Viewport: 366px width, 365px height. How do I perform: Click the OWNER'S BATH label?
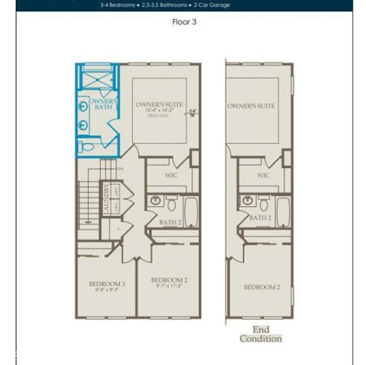[x=103, y=105]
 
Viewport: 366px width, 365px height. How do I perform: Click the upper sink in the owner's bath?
[x=82, y=106]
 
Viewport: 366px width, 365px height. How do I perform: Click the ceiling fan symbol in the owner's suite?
[x=194, y=114]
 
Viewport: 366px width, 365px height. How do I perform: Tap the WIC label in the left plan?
[x=172, y=175]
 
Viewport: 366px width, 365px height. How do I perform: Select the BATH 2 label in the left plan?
[x=169, y=221]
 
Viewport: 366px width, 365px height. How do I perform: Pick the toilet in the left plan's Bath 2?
[x=172, y=204]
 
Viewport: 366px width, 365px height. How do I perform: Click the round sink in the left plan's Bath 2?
[x=156, y=202]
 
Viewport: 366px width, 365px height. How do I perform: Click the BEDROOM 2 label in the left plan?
[x=168, y=281]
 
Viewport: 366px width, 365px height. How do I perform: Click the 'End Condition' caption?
[x=260, y=335]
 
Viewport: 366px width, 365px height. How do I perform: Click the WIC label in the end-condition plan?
[x=263, y=175]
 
